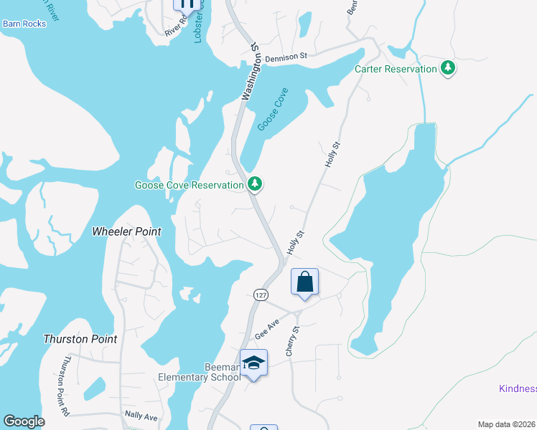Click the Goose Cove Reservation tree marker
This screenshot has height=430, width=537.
click(x=254, y=185)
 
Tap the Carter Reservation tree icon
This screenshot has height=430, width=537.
click(x=449, y=69)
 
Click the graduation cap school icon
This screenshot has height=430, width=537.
click(x=253, y=363)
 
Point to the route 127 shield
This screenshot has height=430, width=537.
click(x=260, y=295)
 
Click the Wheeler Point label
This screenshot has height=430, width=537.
click(x=126, y=231)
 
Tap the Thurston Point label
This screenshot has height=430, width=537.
click(x=80, y=338)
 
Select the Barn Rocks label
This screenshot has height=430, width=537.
click(x=24, y=24)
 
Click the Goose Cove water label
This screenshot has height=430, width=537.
click(x=272, y=109)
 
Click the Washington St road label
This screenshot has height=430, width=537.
click(x=249, y=72)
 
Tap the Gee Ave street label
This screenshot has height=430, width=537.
click(x=266, y=330)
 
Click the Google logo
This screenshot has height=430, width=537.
click(x=24, y=421)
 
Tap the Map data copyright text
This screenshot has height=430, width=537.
click(x=506, y=424)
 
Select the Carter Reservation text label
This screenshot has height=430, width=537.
click(x=396, y=69)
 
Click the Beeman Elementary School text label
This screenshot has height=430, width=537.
click(x=199, y=372)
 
